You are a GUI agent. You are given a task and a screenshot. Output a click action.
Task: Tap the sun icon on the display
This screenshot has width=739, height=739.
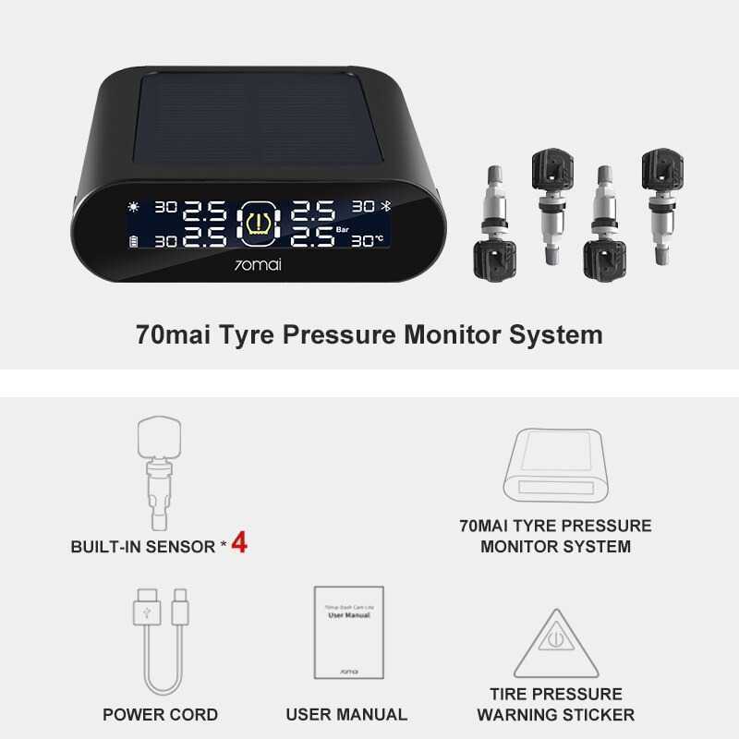click(x=136, y=207)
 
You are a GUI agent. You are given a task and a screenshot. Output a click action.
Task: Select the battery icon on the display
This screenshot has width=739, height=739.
click(x=136, y=241)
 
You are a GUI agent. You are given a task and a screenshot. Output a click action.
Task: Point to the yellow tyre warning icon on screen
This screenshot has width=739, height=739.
click(x=260, y=224)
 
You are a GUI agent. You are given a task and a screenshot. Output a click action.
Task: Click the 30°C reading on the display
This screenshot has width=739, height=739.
click(x=368, y=241)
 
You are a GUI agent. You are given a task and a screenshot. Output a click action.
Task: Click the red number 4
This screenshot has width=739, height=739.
click(x=238, y=543)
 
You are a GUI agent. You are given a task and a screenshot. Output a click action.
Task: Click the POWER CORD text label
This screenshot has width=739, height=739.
click(x=161, y=714)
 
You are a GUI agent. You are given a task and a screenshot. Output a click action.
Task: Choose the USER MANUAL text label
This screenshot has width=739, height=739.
click(x=346, y=714)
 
